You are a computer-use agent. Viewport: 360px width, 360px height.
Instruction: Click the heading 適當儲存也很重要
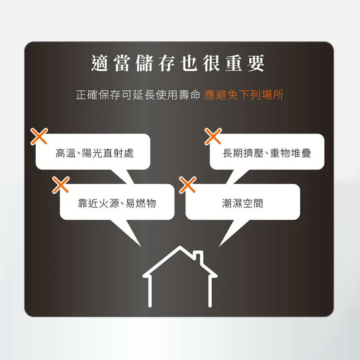[x=178, y=63]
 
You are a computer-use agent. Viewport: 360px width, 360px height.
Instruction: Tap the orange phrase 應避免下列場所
[x=244, y=95]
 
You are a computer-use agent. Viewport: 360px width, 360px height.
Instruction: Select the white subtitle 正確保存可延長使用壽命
[x=138, y=95]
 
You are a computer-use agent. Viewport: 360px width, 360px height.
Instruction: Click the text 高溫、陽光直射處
[x=94, y=153]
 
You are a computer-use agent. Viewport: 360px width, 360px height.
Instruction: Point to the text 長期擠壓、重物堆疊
[x=267, y=153]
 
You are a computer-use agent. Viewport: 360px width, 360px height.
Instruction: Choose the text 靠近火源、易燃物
[x=117, y=203]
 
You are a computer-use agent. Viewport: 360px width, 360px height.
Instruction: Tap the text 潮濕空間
[x=242, y=203]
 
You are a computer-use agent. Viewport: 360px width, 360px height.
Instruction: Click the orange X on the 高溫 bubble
[x=39, y=136]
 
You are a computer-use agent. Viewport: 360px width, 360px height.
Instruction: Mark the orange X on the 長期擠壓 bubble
[x=213, y=136]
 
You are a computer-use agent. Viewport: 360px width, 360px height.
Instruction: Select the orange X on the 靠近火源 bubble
[x=61, y=185]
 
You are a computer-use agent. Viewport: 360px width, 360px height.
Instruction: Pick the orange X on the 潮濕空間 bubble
[x=188, y=185]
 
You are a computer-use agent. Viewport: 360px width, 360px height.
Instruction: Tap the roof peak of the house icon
[x=180, y=247]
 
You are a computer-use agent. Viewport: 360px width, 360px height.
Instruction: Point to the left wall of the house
[x=150, y=292]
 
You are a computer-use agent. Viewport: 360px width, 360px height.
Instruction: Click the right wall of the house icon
[x=210, y=292]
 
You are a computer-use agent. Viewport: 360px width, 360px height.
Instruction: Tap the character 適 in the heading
[x=100, y=63]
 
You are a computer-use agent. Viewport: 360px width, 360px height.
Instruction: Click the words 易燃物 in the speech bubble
[x=141, y=203]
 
